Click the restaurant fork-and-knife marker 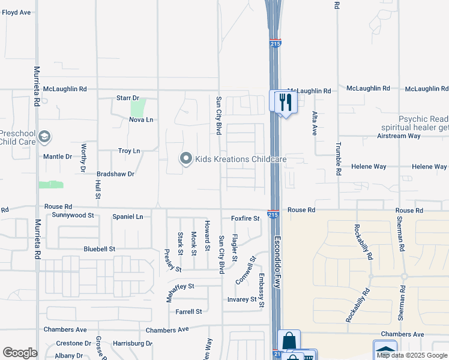click(x=285, y=101)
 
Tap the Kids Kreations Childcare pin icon click(x=185, y=159)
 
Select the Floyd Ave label click(x=16, y=12)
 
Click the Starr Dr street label click(x=127, y=98)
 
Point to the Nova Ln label click(x=141, y=120)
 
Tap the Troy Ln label click(x=129, y=151)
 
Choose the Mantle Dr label click(x=58, y=157)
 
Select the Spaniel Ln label click(x=128, y=216)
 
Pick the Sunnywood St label click(x=73, y=214)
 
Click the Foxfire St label click(x=245, y=218)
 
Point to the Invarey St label click(x=242, y=299)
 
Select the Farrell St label click(x=189, y=311)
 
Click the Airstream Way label click(x=415, y=136)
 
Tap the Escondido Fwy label click(x=278, y=256)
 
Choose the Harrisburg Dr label click(x=133, y=343)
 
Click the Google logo click(x=20, y=353)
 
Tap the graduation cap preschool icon click(x=44, y=137)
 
